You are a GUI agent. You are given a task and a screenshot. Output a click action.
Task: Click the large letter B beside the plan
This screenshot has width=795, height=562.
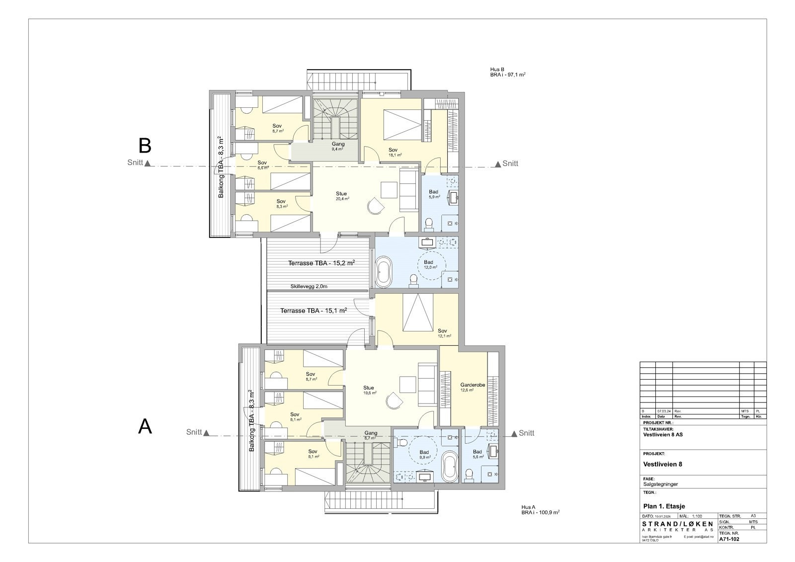145,146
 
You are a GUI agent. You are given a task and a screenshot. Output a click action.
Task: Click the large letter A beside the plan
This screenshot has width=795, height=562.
145,427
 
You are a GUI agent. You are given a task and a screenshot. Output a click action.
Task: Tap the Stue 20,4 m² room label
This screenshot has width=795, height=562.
341,196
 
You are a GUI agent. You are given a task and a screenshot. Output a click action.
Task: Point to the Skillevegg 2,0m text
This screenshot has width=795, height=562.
309,286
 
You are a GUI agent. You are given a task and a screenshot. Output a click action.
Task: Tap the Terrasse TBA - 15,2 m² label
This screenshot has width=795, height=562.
321,263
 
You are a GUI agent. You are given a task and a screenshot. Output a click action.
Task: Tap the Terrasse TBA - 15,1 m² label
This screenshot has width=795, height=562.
313,311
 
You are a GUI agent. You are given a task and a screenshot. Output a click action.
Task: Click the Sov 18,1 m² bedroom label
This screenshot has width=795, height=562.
394,152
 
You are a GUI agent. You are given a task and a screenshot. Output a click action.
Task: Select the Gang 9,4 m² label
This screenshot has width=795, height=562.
338,146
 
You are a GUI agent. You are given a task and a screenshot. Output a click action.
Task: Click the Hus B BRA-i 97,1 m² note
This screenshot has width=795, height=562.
507,72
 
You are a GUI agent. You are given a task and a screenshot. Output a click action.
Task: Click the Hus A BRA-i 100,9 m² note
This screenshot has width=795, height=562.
540,510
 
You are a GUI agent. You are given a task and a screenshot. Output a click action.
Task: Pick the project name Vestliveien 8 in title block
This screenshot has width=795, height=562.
662,465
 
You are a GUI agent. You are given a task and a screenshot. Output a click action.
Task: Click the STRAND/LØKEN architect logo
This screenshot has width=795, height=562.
678,526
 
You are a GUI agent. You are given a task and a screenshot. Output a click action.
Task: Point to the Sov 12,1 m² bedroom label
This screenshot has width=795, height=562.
443,333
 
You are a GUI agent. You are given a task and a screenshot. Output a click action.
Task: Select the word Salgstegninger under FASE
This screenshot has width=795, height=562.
660,484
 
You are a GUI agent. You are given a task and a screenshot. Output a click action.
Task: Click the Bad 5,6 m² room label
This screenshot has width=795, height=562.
477,454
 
